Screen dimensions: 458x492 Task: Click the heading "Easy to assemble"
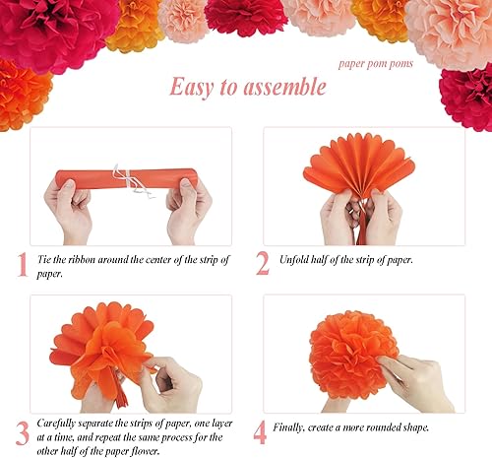point(247,87)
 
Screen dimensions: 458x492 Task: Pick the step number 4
point(260,432)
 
